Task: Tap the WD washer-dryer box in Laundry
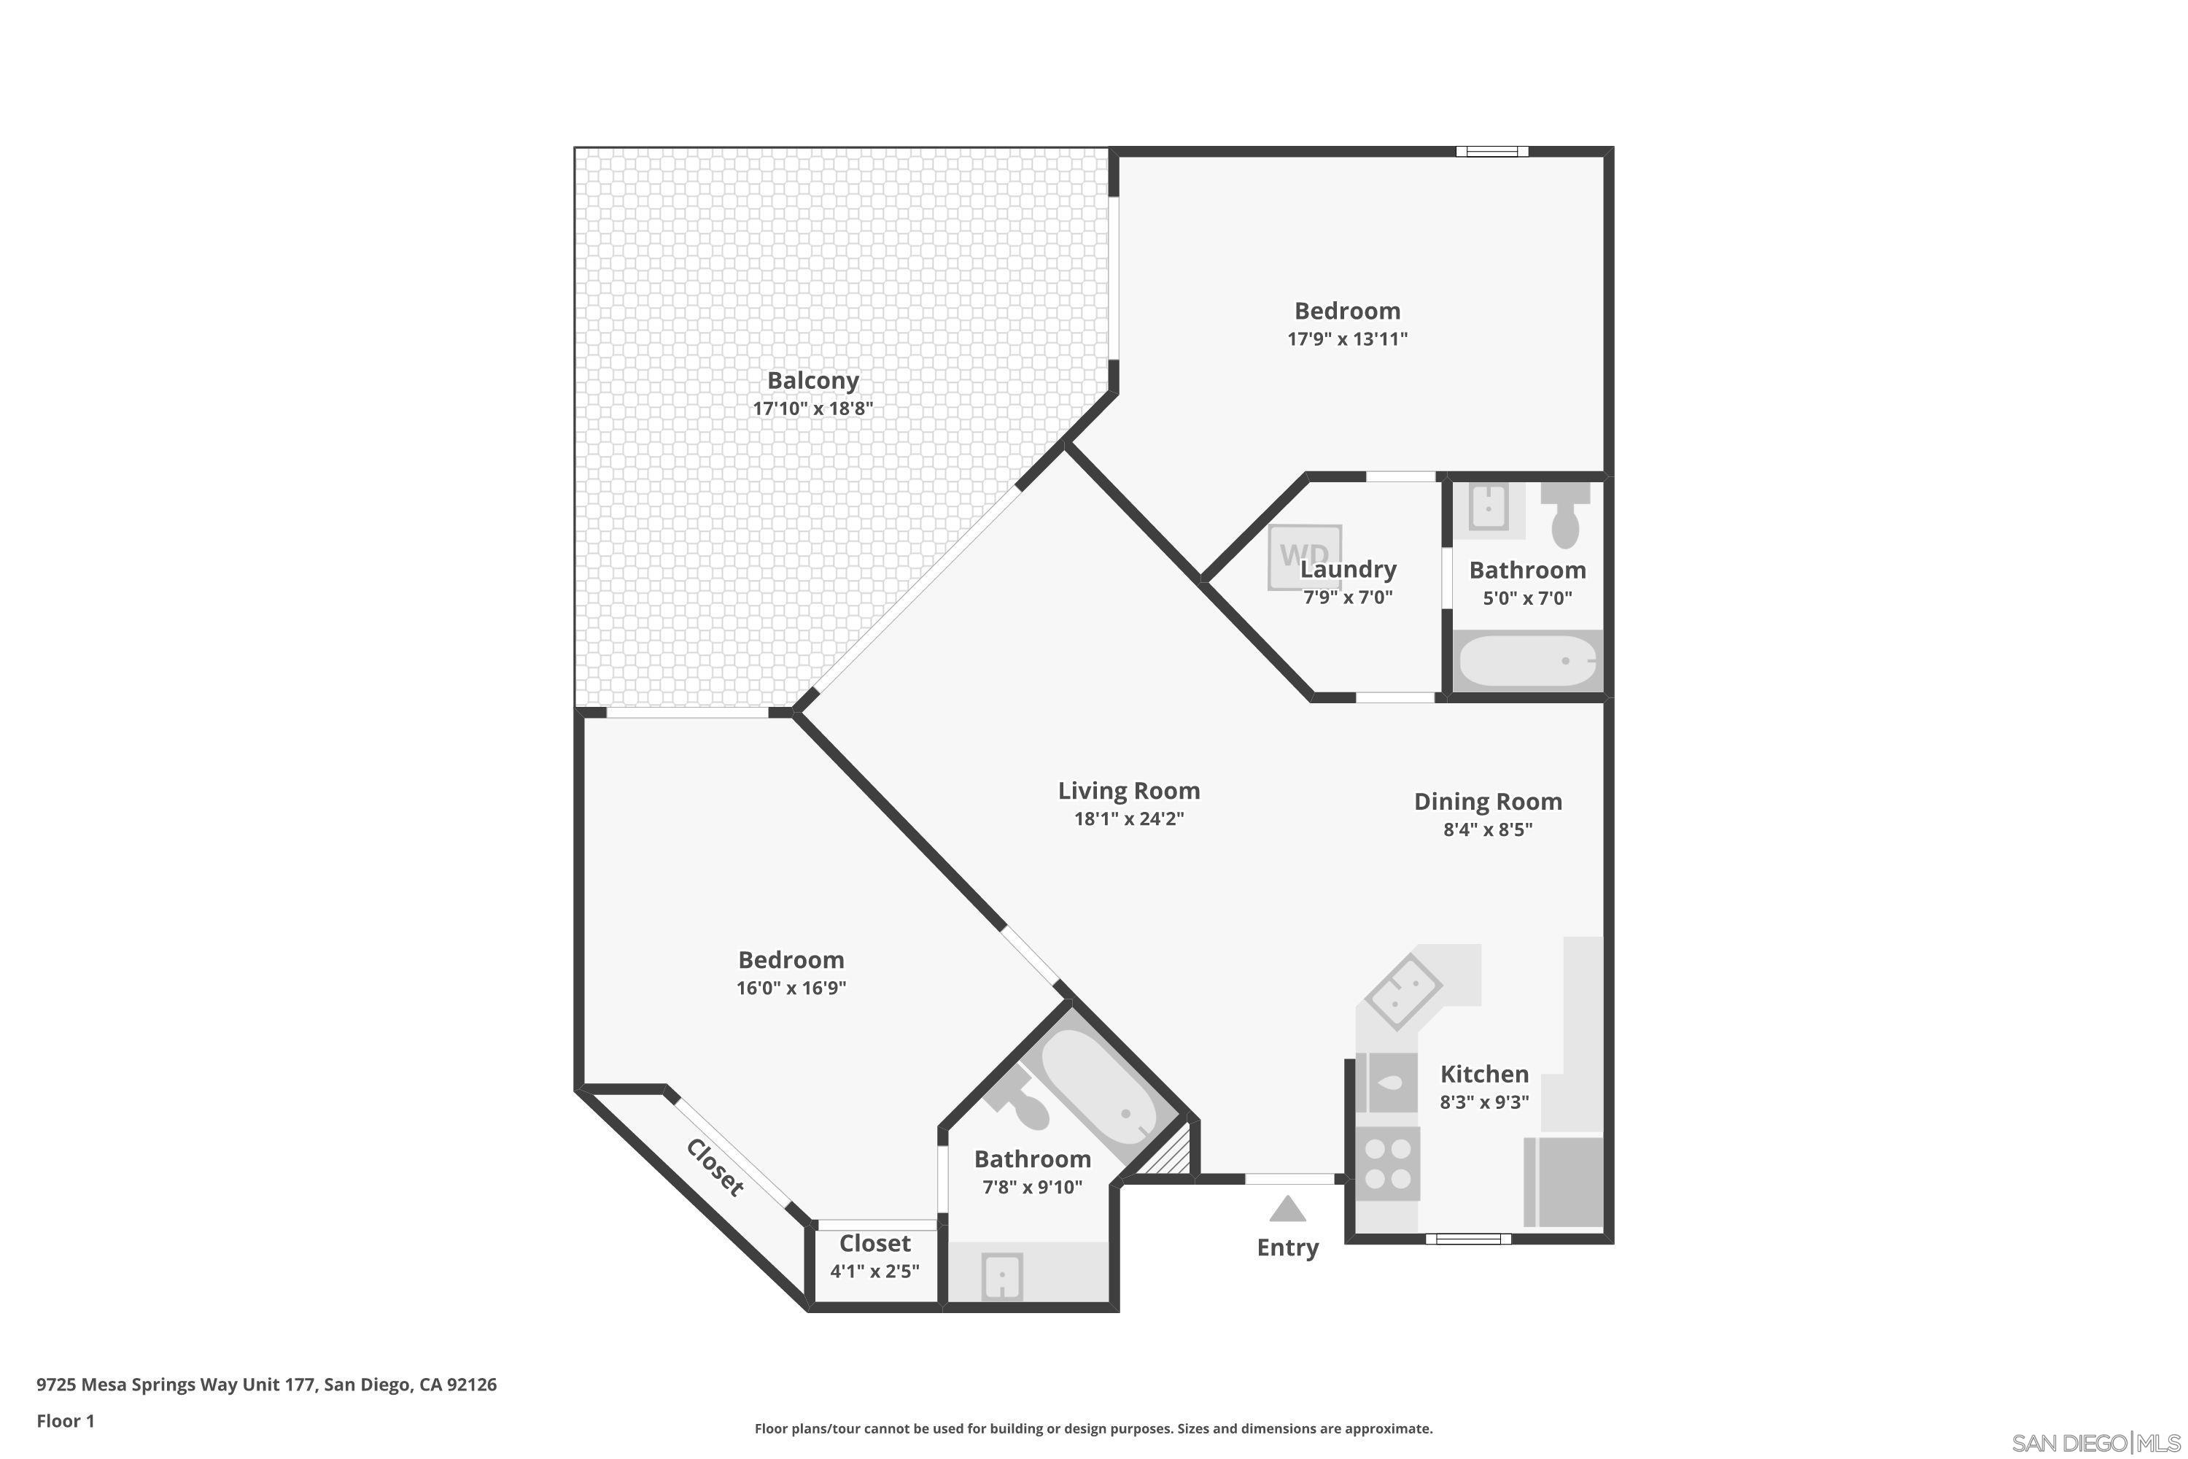pyautogui.click(x=1303, y=557)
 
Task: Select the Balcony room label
pyautogui.click(x=812, y=381)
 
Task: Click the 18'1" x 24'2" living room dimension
pyautogui.click(x=1128, y=818)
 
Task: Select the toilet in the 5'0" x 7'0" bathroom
pyautogui.click(x=1566, y=516)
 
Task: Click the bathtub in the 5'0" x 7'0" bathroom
pyautogui.click(x=1526, y=661)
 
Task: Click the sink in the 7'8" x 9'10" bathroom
pyautogui.click(x=1002, y=1276)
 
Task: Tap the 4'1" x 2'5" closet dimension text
pyautogui.click(x=874, y=1271)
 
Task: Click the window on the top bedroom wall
pyautogui.click(x=1491, y=152)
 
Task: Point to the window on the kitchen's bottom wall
pyautogui.click(x=1468, y=1239)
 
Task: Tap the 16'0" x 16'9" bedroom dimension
pyautogui.click(x=791, y=988)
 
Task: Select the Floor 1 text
pyautogui.click(x=65, y=1421)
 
